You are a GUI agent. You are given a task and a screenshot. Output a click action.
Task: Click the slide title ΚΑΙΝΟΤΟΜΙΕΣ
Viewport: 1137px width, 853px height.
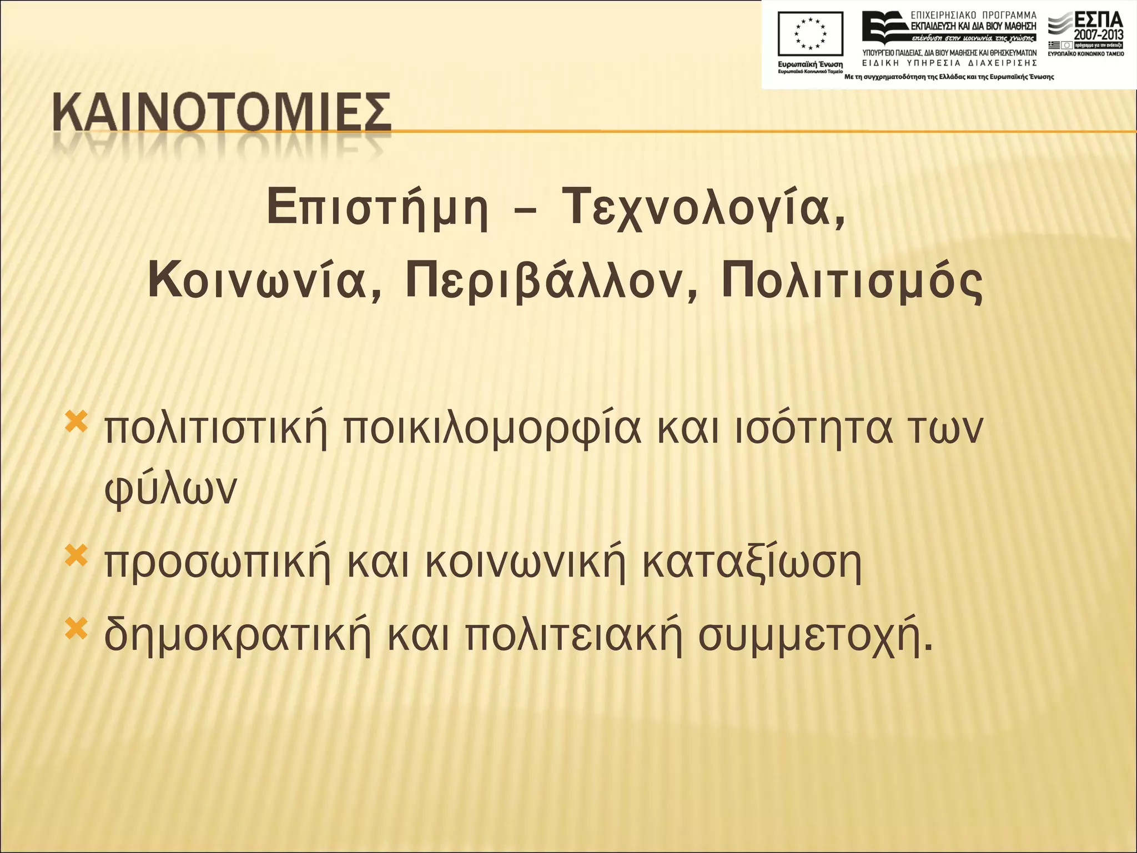[222, 113]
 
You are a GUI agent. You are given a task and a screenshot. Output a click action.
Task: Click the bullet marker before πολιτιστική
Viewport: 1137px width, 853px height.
[77, 423]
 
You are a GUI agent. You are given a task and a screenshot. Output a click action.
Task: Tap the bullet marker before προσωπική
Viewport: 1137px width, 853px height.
[77, 556]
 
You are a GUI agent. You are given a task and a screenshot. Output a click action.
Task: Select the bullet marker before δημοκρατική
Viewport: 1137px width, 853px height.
[77, 628]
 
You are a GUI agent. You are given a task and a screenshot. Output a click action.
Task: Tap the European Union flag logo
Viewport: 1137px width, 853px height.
[811, 35]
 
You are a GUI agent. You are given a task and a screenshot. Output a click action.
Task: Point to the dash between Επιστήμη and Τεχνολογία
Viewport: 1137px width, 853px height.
[525, 210]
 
